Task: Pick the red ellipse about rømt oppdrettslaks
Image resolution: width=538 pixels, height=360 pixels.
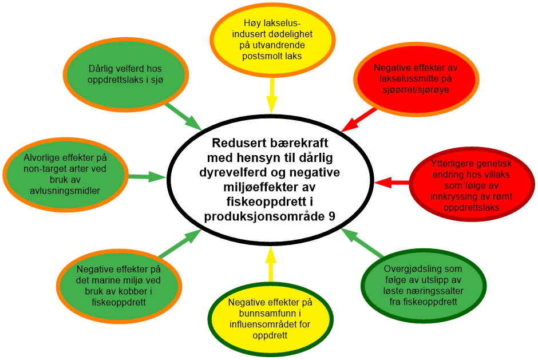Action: [x=472, y=183]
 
